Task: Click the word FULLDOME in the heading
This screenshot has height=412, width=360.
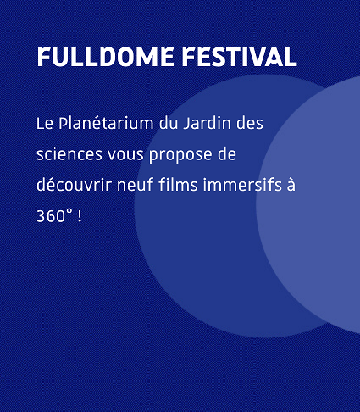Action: click(x=105, y=57)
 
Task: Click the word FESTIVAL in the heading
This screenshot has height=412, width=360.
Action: click(x=239, y=57)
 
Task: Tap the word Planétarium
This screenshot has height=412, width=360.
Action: click(x=106, y=124)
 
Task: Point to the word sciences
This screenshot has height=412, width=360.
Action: click(x=69, y=154)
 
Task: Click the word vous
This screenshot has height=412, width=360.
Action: click(x=125, y=155)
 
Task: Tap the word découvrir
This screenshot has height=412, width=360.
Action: click(x=74, y=185)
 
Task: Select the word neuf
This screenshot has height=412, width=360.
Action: click(x=135, y=185)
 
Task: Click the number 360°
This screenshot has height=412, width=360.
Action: click(x=54, y=216)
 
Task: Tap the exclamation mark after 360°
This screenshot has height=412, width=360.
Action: click(x=80, y=216)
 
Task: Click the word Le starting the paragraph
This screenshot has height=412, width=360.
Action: click(x=45, y=124)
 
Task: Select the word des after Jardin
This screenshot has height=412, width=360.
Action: click(x=250, y=123)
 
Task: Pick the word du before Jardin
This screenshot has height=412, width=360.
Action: click(x=169, y=123)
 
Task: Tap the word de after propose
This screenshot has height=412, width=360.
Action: click(x=227, y=154)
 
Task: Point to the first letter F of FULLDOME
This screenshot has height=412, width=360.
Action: click(x=43, y=57)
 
